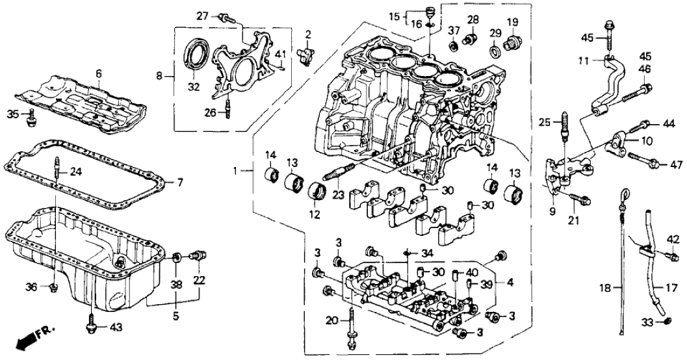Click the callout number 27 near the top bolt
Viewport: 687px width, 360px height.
click(202, 16)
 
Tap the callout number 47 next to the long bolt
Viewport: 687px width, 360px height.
click(675, 165)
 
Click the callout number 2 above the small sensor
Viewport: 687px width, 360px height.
click(309, 32)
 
